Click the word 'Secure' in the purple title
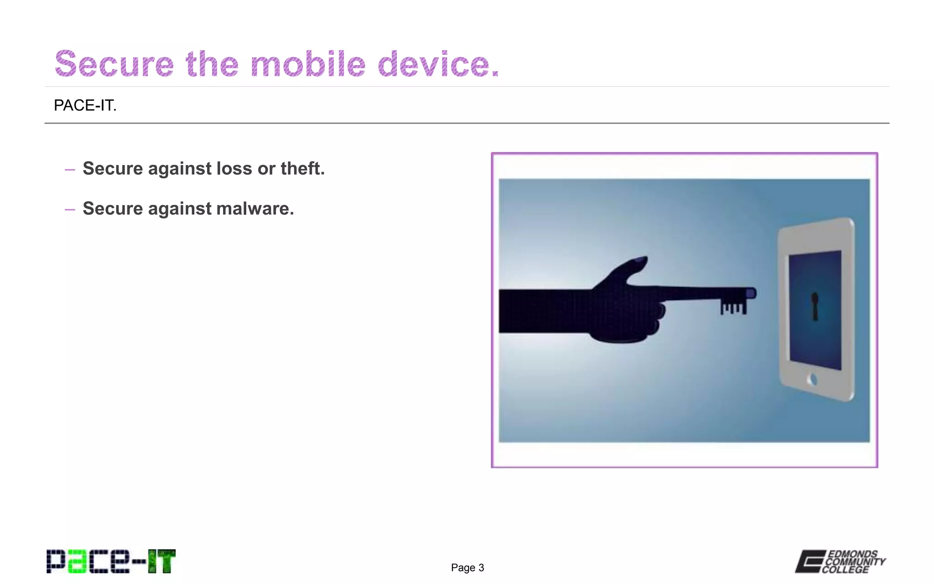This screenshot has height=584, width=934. click(114, 64)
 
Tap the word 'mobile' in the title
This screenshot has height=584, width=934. click(308, 64)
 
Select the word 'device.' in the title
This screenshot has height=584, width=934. click(438, 64)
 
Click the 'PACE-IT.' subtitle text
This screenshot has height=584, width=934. click(85, 105)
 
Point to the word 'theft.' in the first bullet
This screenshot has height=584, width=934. click(302, 168)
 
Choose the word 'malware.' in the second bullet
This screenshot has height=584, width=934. click(255, 209)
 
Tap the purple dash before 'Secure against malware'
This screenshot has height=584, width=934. click(70, 210)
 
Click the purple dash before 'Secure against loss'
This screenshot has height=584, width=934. click(70, 170)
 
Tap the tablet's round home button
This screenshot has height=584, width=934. click(812, 379)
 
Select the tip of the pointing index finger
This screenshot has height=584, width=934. click(750, 293)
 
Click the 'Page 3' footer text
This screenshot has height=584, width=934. click(467, 568)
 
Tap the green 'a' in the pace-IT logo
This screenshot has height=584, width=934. click(76, 562)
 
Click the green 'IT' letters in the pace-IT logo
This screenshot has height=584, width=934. click(161, 561)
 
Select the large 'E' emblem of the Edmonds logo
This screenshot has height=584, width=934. click(810, 561)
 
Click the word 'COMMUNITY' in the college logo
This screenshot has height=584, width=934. click(856, 562)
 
